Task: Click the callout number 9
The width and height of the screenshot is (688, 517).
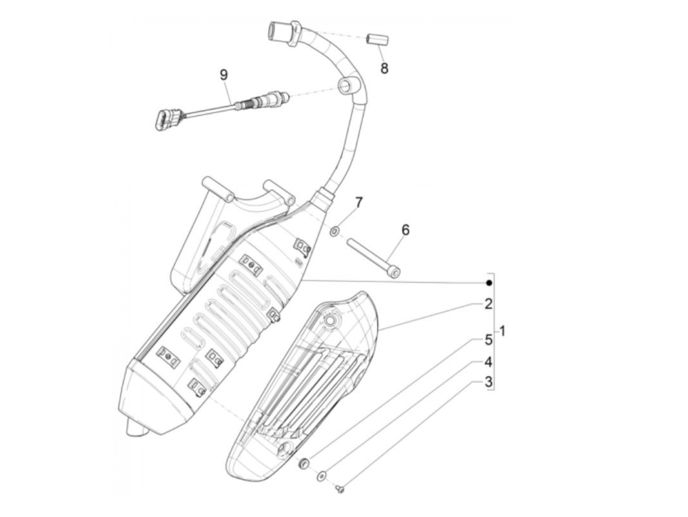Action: tap(224, 75)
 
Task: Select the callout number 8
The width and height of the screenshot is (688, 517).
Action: tap(384, 68)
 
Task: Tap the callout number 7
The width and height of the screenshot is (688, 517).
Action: tap(359, 202)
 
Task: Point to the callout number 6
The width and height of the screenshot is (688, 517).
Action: tap(405, 230)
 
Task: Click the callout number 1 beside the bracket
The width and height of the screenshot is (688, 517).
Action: tap(502, 330)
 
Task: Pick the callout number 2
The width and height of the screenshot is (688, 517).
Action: tap(488, 304)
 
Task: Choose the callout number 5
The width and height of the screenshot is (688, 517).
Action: tap(488, 339)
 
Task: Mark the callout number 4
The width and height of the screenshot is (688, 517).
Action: tap(488, 362)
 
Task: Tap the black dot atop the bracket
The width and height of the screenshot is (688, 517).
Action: tap(489, 283)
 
